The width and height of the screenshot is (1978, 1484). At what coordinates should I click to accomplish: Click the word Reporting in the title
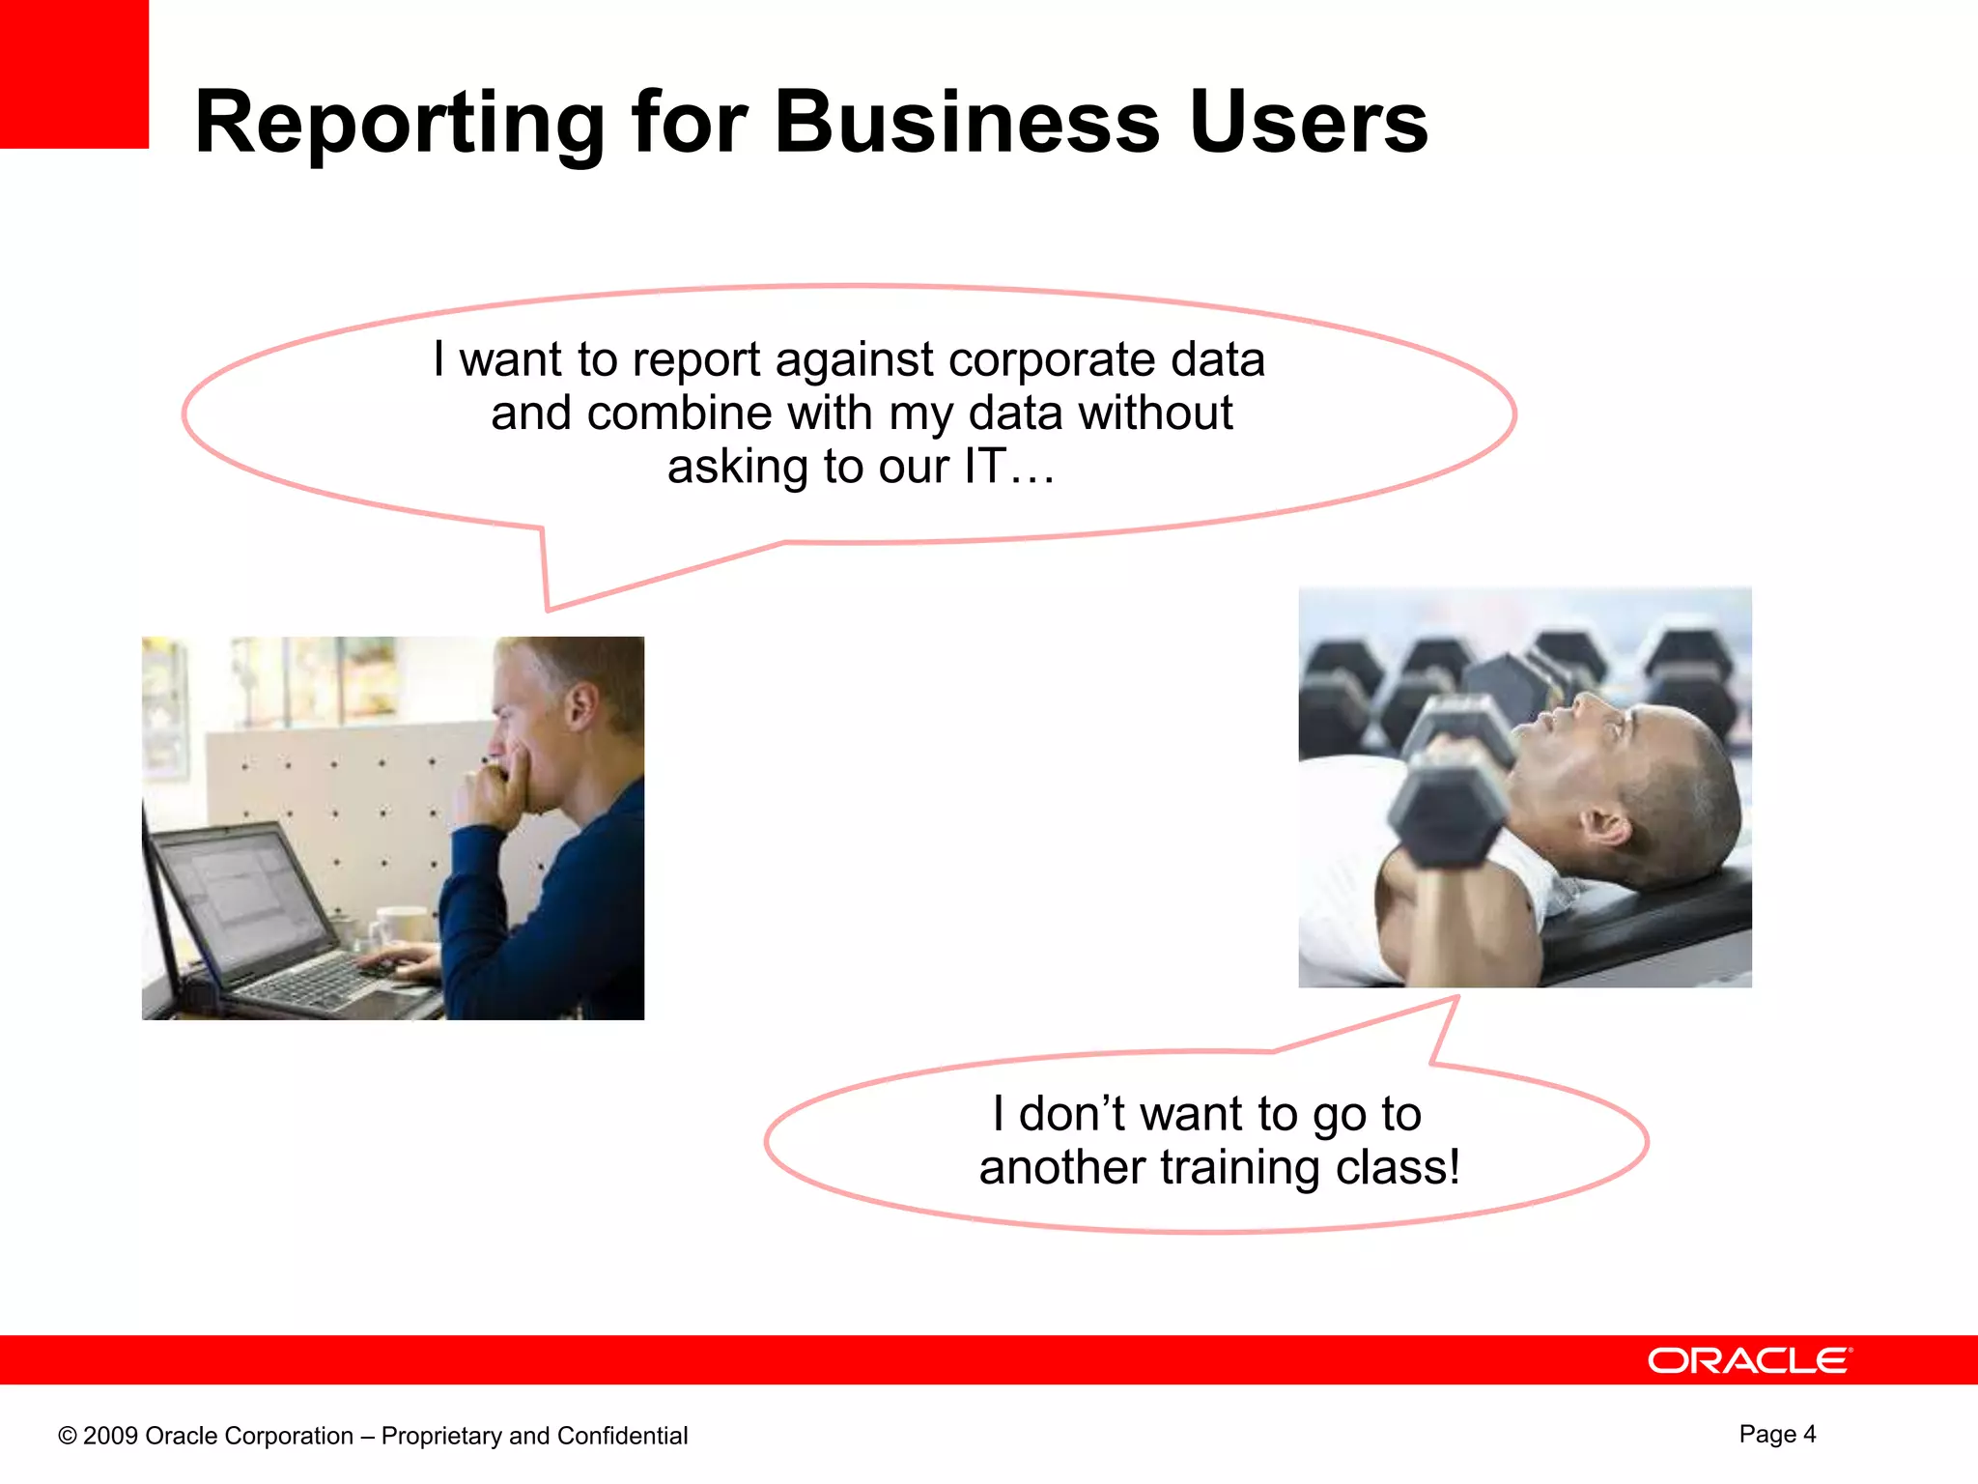pyautogui.click(x=399, y=124)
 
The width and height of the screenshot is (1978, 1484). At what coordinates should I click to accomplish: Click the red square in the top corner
pyautogui.click(x=73, y=73)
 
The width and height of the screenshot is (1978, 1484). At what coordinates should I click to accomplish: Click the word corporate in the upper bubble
pyautogui.click(x=1051, y=359)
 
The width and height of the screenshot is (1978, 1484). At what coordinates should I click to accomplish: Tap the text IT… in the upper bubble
pyautogui.click(x=1008, y=467)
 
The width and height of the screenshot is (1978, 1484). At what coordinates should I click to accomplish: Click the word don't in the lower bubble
pyautogui.click(x=1071, y=1114)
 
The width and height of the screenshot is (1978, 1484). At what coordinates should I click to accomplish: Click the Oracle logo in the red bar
pyautogui.click(x=1749, y=1360)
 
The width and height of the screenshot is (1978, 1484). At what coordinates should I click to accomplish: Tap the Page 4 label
pyautogui.click(x=1777, y=1434)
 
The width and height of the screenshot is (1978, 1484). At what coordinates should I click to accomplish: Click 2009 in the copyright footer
pyautogui.click(x=110, y=1436)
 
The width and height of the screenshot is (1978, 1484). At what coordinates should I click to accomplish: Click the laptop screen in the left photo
pyautogui.click(x=246, y=895)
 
